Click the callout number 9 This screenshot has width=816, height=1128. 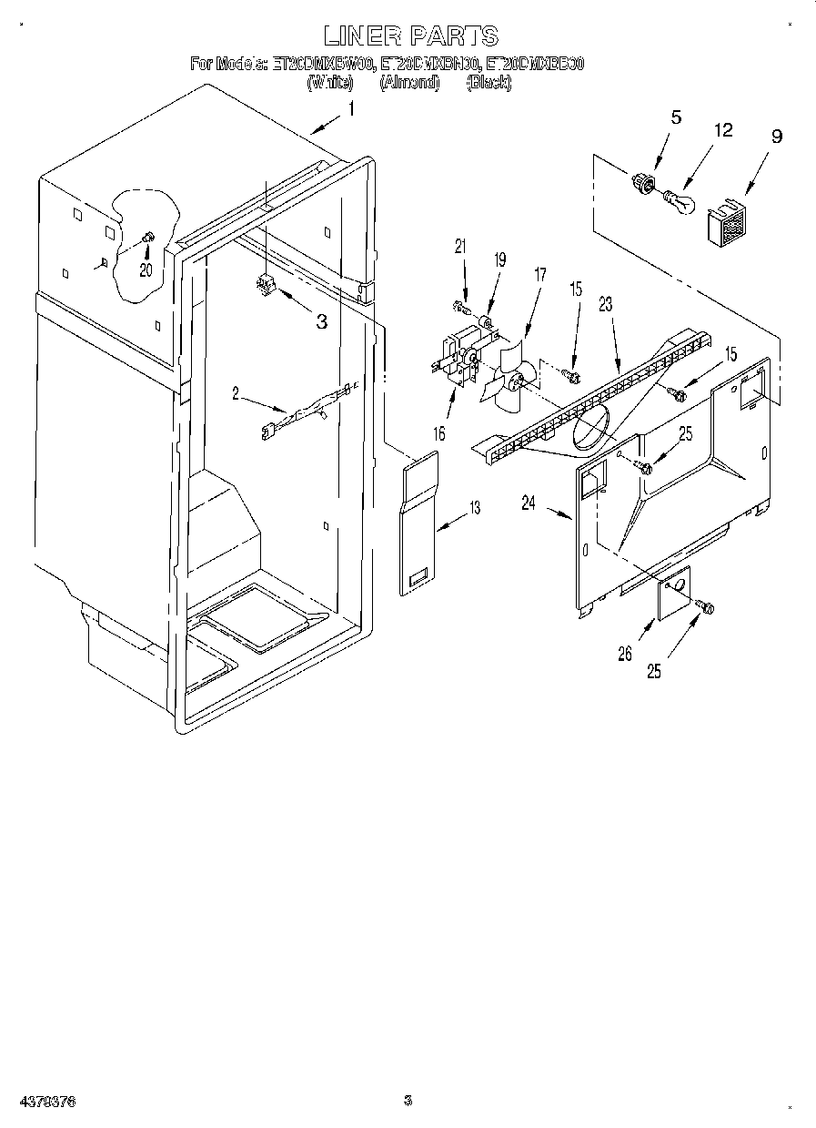point(776,137)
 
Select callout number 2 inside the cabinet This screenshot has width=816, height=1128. point(236,393)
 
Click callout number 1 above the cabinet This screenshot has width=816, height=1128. point(351,110)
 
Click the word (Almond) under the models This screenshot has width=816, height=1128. point(409,83)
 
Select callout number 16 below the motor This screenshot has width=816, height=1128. point(438,433)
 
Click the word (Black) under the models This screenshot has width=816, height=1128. point(489,83)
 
